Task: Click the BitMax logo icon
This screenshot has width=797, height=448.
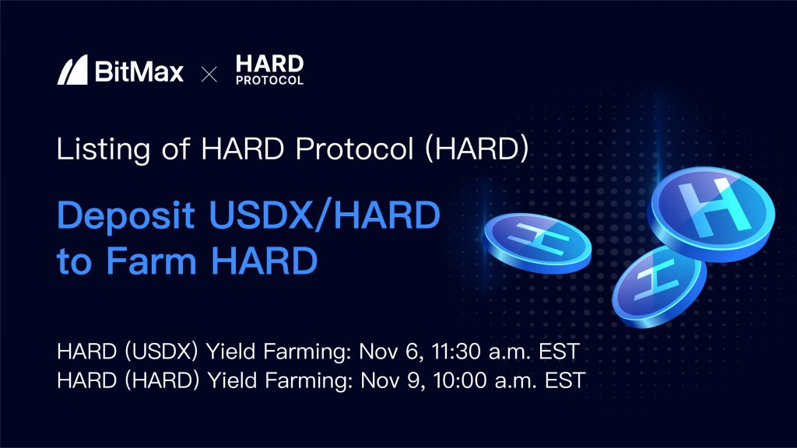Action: (x=72, y=69)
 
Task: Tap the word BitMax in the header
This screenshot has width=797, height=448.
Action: (x=139, y=71)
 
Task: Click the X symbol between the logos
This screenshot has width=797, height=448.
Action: (x=209, y=74)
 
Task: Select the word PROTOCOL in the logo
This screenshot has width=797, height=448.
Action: (x=269, y=80)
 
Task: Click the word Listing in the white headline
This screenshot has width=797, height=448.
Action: (x=104, y=149)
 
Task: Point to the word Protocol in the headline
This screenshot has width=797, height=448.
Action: (x=354, y=149)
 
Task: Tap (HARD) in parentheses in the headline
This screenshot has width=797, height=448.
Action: (x=477, y=149)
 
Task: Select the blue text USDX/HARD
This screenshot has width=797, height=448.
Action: (x=325, y=215)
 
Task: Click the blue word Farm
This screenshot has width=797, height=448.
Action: (x=151, y=261)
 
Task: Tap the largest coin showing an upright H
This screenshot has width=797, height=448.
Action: (x=711, y=213)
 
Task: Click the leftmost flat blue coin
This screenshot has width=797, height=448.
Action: (x=537, y=243)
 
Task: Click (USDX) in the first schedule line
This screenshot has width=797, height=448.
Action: (x=161, y=352)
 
